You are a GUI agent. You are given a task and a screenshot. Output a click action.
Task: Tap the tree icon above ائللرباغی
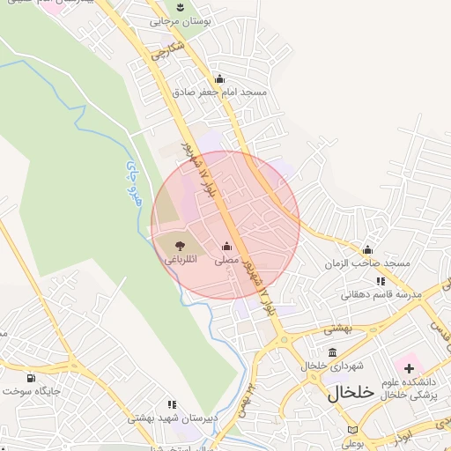[x=180, y=246]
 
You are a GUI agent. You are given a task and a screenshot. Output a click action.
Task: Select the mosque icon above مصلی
[x=227, y=247]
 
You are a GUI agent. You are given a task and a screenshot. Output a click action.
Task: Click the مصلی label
[x=227, y=261]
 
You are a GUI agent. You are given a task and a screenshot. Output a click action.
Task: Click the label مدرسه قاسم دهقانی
[x=381, y=294]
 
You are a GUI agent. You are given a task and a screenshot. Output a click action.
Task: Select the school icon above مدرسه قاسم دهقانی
[x=381, y=281]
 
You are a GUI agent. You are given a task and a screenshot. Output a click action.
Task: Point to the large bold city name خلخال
[x=351, y=392]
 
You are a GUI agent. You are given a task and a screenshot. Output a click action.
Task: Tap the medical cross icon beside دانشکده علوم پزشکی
[x=409, y=366]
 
